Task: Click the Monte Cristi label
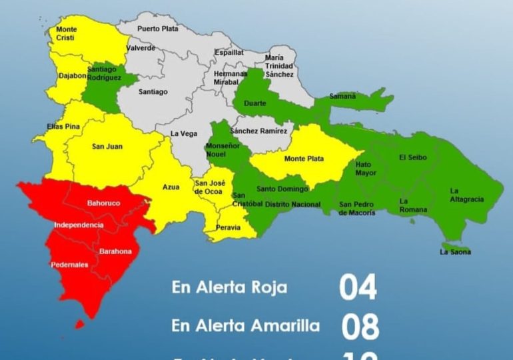(x=66, y=34)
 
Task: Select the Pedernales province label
(x=69, y=265)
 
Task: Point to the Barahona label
(x=115, y=251)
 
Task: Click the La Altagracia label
(x=466, y=195)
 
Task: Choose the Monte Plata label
(x=304, y=159)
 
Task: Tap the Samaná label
(x=343, y=97)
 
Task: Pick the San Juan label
(x=107, y=147)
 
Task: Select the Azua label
(x=171, y=187)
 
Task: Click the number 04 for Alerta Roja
(x=358, y=287)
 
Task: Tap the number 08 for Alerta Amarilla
(x=360, y=327)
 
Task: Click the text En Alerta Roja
(x=229, y=288)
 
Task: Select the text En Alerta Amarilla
(x=245, y=326)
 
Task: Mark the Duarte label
(x=255, y=103)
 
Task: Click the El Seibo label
(x=412, y=157)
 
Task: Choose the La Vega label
(x=184, y=133)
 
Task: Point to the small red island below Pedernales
(x=79, y=325)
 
